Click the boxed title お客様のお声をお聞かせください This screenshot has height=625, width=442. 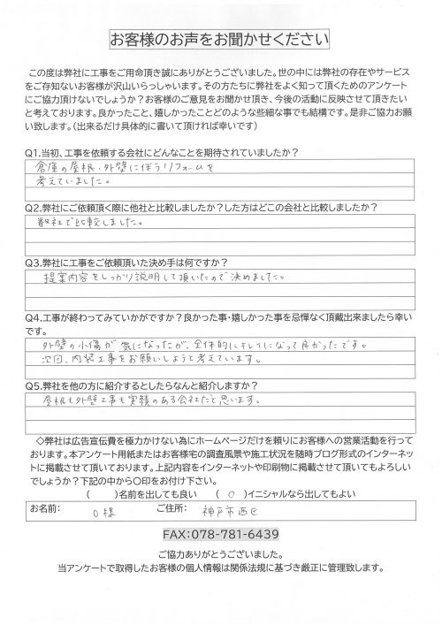tap(218, 40)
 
